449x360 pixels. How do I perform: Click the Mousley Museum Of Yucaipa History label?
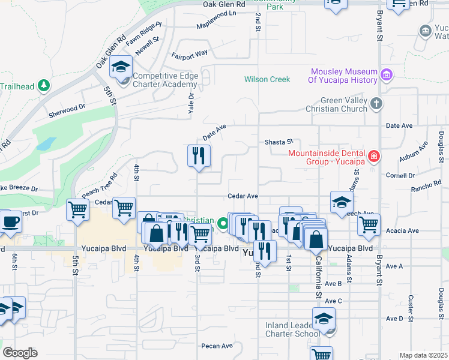click(x=342, y=75)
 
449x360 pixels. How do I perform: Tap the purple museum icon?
click(x=386, y=75)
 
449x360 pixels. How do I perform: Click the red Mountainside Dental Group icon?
click(x=374, y=157)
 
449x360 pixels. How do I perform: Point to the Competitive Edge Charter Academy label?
click(x=164, y=80)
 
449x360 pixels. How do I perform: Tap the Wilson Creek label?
click(x=267, y=79)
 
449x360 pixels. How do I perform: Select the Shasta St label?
click(x=279, y=142)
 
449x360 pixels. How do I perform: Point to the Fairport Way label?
click(x=189, y=54)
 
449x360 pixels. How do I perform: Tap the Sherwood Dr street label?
click(x=67, y=109)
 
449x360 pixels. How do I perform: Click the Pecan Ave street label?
click(x=217, y=346)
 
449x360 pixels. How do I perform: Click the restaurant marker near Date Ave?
click(x=197, y=157)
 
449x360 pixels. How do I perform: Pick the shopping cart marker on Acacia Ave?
click(x=369, y=225)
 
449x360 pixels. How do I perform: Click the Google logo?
click(x=20, y=353)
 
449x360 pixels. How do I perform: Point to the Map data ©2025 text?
click(x=423, y=355)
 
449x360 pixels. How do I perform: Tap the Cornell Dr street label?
click(x=400, y=176)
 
